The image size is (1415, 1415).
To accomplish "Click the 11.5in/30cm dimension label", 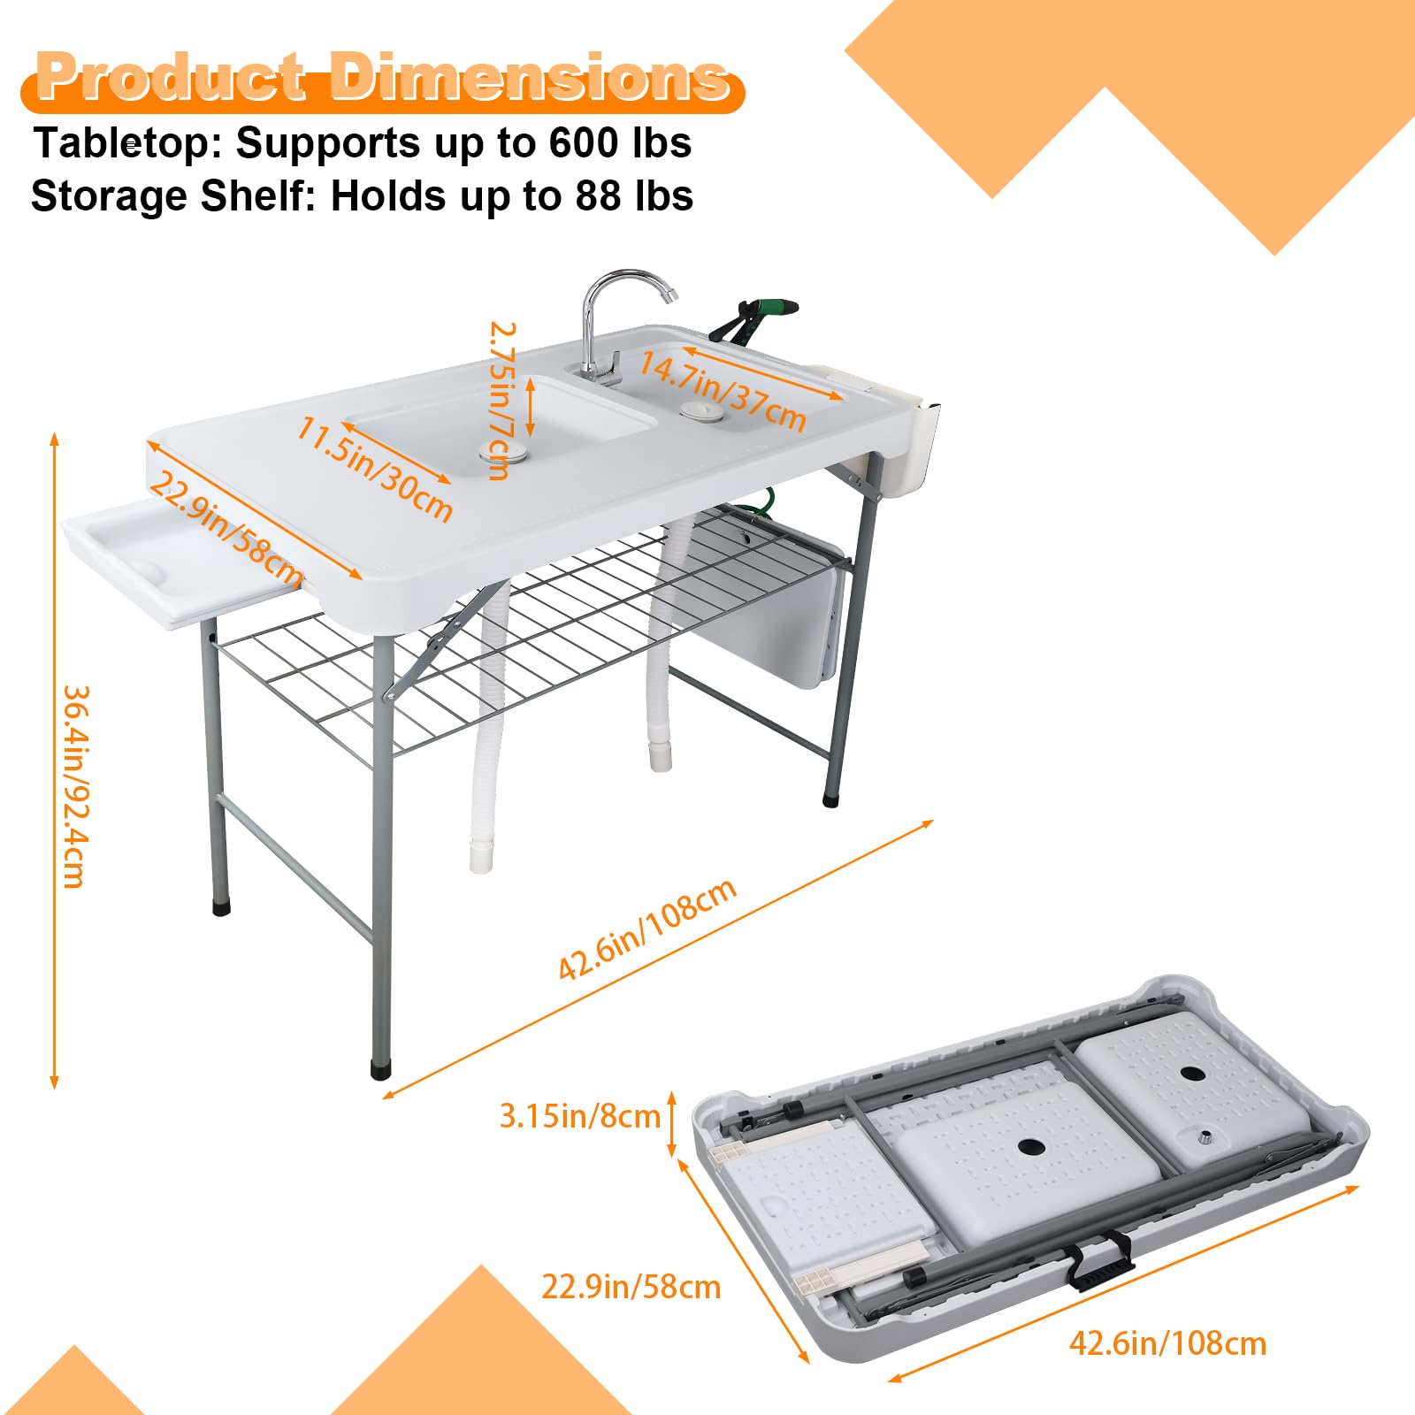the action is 375,469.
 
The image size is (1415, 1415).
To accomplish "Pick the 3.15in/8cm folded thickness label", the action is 580,1115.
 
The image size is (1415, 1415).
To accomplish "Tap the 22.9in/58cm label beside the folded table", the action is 631,1286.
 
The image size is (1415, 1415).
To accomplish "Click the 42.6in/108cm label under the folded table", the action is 1167,1343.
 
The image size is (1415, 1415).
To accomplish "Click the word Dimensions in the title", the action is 529,78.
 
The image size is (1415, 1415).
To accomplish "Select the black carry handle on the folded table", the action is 1100,1259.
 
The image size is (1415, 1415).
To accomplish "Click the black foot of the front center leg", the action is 381,1068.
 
